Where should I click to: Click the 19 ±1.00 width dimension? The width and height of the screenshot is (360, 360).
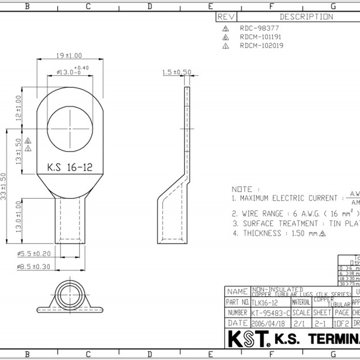69,55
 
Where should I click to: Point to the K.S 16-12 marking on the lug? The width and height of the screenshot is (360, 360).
70,167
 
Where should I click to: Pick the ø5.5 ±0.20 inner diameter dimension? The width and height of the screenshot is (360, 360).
34,254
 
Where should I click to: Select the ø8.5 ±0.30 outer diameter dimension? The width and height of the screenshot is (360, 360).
34,267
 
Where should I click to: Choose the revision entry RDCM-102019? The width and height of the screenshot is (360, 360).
261,45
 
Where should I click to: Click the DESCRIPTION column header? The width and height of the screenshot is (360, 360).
306,17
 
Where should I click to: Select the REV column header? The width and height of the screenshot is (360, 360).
226,17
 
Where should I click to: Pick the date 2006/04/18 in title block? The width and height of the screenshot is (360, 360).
269,323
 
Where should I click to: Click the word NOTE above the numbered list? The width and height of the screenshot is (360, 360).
242,189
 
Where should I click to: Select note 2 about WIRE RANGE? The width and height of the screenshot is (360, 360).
297,213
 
